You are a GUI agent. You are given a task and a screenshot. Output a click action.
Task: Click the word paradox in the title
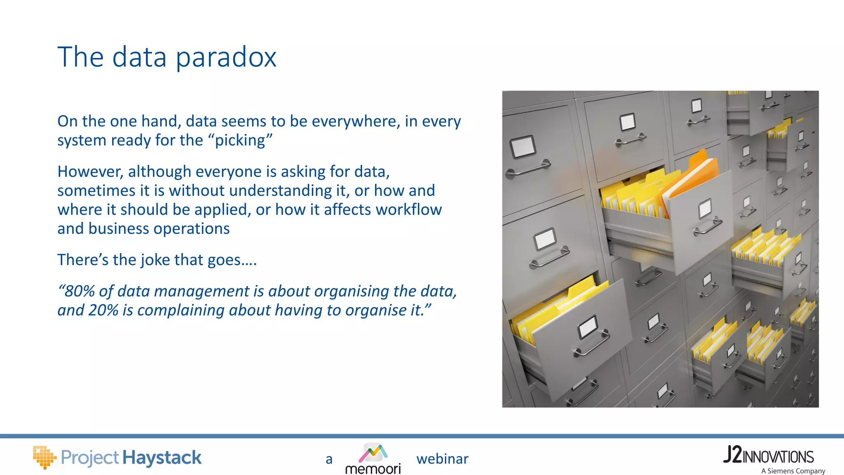point(226,57)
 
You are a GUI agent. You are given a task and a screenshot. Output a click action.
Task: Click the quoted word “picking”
point(243,141)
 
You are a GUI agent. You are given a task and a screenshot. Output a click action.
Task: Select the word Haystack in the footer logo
point(162,458)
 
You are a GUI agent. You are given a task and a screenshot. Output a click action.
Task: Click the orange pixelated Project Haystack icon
point(44,457)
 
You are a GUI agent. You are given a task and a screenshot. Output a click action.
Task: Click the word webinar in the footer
point(442,459)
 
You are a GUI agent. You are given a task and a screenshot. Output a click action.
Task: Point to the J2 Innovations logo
point(769,455)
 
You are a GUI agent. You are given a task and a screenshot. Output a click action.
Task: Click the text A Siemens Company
point(793,471)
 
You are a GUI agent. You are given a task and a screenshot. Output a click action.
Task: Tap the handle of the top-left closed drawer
point(528,168)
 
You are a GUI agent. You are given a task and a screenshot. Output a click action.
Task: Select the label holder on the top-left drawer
point(523,146)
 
